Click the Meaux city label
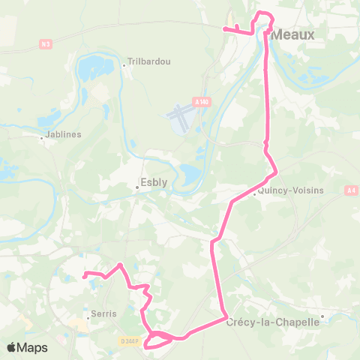[293, 34]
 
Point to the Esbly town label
[154, 181]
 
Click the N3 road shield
[46, 44]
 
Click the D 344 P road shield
[130, 341]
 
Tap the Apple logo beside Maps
[13, 347]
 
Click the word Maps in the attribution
[33, 347]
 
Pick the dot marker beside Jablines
[42, 137]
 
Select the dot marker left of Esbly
[137, 186]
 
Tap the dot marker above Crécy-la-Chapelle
[322, 316]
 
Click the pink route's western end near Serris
[85, 274]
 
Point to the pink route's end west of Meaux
[223, 29]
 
